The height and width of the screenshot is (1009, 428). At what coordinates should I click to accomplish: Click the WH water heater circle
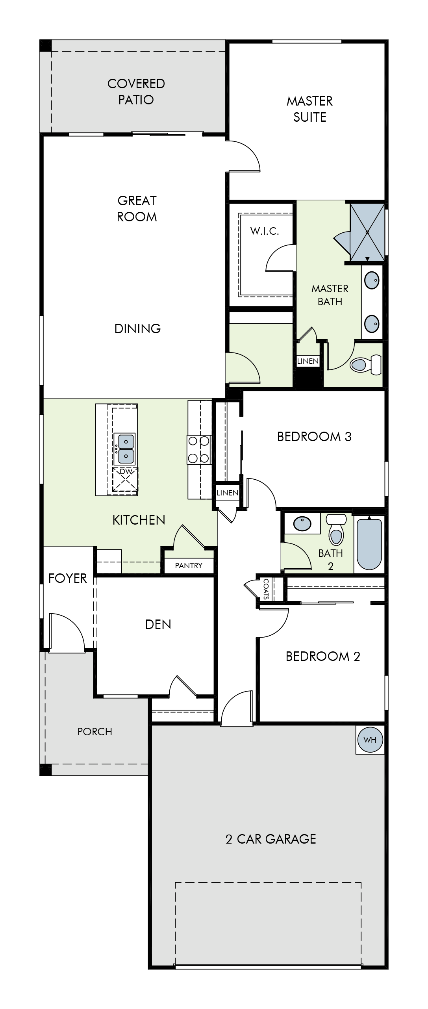pos(370,740)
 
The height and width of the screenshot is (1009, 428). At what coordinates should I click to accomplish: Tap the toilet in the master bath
pos(366,364)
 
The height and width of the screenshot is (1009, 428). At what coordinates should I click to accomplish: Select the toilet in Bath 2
pos(336,530)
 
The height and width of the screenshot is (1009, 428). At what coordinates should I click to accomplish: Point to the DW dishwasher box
pos(125,480)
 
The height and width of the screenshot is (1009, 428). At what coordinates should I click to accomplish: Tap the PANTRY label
pos(189,566)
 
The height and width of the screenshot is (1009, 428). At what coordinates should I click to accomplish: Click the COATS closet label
pos(266,589)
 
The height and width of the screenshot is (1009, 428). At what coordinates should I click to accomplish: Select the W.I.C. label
pos(265,231)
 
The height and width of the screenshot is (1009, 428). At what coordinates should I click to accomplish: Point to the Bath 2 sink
pos(302,524)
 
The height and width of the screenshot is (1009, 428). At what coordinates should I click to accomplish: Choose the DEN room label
pos(158,624)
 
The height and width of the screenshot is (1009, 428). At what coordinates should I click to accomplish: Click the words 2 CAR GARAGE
pos(271,839)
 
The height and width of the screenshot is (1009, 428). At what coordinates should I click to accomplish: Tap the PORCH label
pos(94,731)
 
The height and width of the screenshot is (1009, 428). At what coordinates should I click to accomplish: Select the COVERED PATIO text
pos(136,91)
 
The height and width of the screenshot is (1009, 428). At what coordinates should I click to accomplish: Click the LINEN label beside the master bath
pos(308,361)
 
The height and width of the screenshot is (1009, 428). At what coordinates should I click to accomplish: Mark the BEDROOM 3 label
pos(314,436)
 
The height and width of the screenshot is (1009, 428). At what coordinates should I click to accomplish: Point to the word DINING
pos(137,328)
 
